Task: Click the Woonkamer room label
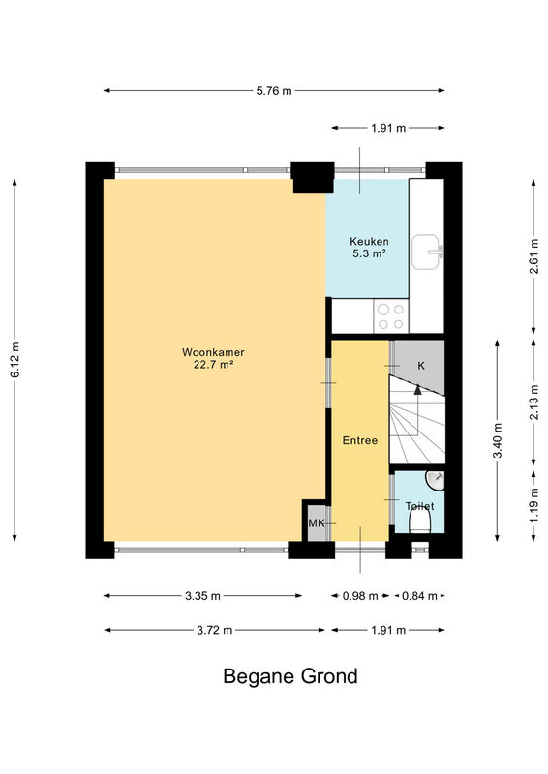click(x=213, y=352)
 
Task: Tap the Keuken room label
click(x=369, y=241)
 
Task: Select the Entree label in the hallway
click(x=360, y=440)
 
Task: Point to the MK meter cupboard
click(x=317, y=522)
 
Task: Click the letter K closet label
click(x=421, y=366)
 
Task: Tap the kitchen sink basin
click(x=426, y=252)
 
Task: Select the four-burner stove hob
click(x=391, y=317)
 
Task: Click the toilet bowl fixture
click(x=420, y=521)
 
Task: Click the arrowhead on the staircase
click(x=418, y=390)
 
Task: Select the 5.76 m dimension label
click(x=274, y=91)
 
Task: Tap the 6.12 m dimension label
click(x=15, y=360)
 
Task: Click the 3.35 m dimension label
click(x=202, y=596)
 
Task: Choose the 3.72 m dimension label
click(x=215, y=631)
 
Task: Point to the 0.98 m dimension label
click(x=360, y=596)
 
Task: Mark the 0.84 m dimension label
click(x=419, y=596)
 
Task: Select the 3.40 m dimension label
click(x=497, y=440)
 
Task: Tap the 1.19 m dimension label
click(x=534, y=505)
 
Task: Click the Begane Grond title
click(x=290, y=676)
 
